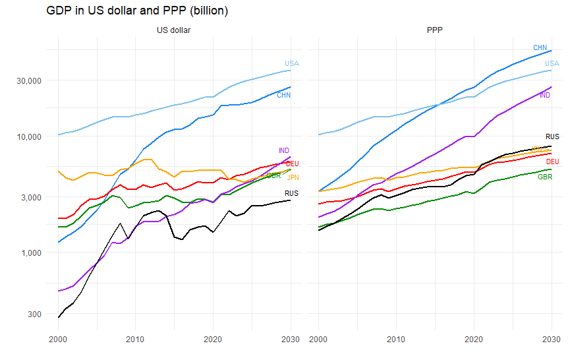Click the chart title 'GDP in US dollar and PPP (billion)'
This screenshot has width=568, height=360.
click(137, 11)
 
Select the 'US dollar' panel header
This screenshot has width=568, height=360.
click(174, 30)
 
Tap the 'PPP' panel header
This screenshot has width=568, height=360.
click(434, 30)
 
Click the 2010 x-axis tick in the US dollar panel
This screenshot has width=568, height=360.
click(135, 339)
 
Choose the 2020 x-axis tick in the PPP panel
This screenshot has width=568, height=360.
click(473, 339)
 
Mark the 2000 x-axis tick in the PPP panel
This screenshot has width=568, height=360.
click(318, 339)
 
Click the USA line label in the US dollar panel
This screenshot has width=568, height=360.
click(292, 63)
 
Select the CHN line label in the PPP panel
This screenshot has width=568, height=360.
click(540, 47)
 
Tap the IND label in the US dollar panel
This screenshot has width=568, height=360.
click(284, 150)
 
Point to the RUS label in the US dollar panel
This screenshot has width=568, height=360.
click(291, 193)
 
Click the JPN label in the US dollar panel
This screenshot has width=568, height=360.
click(293, 177)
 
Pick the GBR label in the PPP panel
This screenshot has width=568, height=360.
click(545, 177)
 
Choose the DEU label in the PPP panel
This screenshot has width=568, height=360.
click(552, 162)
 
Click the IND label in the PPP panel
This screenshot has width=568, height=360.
click(545, 96)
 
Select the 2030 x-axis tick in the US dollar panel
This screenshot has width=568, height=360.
click(291, 339)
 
